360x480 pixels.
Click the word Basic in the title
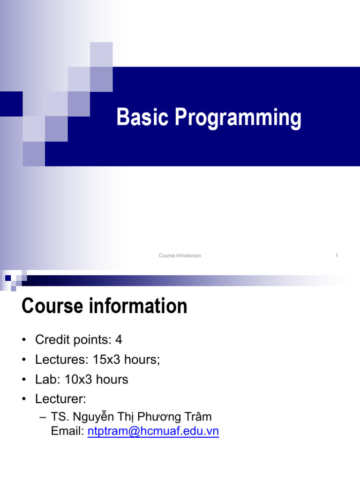pos(143,117)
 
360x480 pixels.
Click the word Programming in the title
pos(238,118)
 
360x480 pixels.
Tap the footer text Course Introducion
pos(180,255)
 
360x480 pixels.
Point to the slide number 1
pos(337,255)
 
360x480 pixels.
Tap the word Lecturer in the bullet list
pos(59,399)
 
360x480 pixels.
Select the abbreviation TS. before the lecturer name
pos(59,417)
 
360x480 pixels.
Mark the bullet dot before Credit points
pos(24,340)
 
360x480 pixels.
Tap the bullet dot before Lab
pos(24,380)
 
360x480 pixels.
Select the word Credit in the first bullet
pos(51,339)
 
